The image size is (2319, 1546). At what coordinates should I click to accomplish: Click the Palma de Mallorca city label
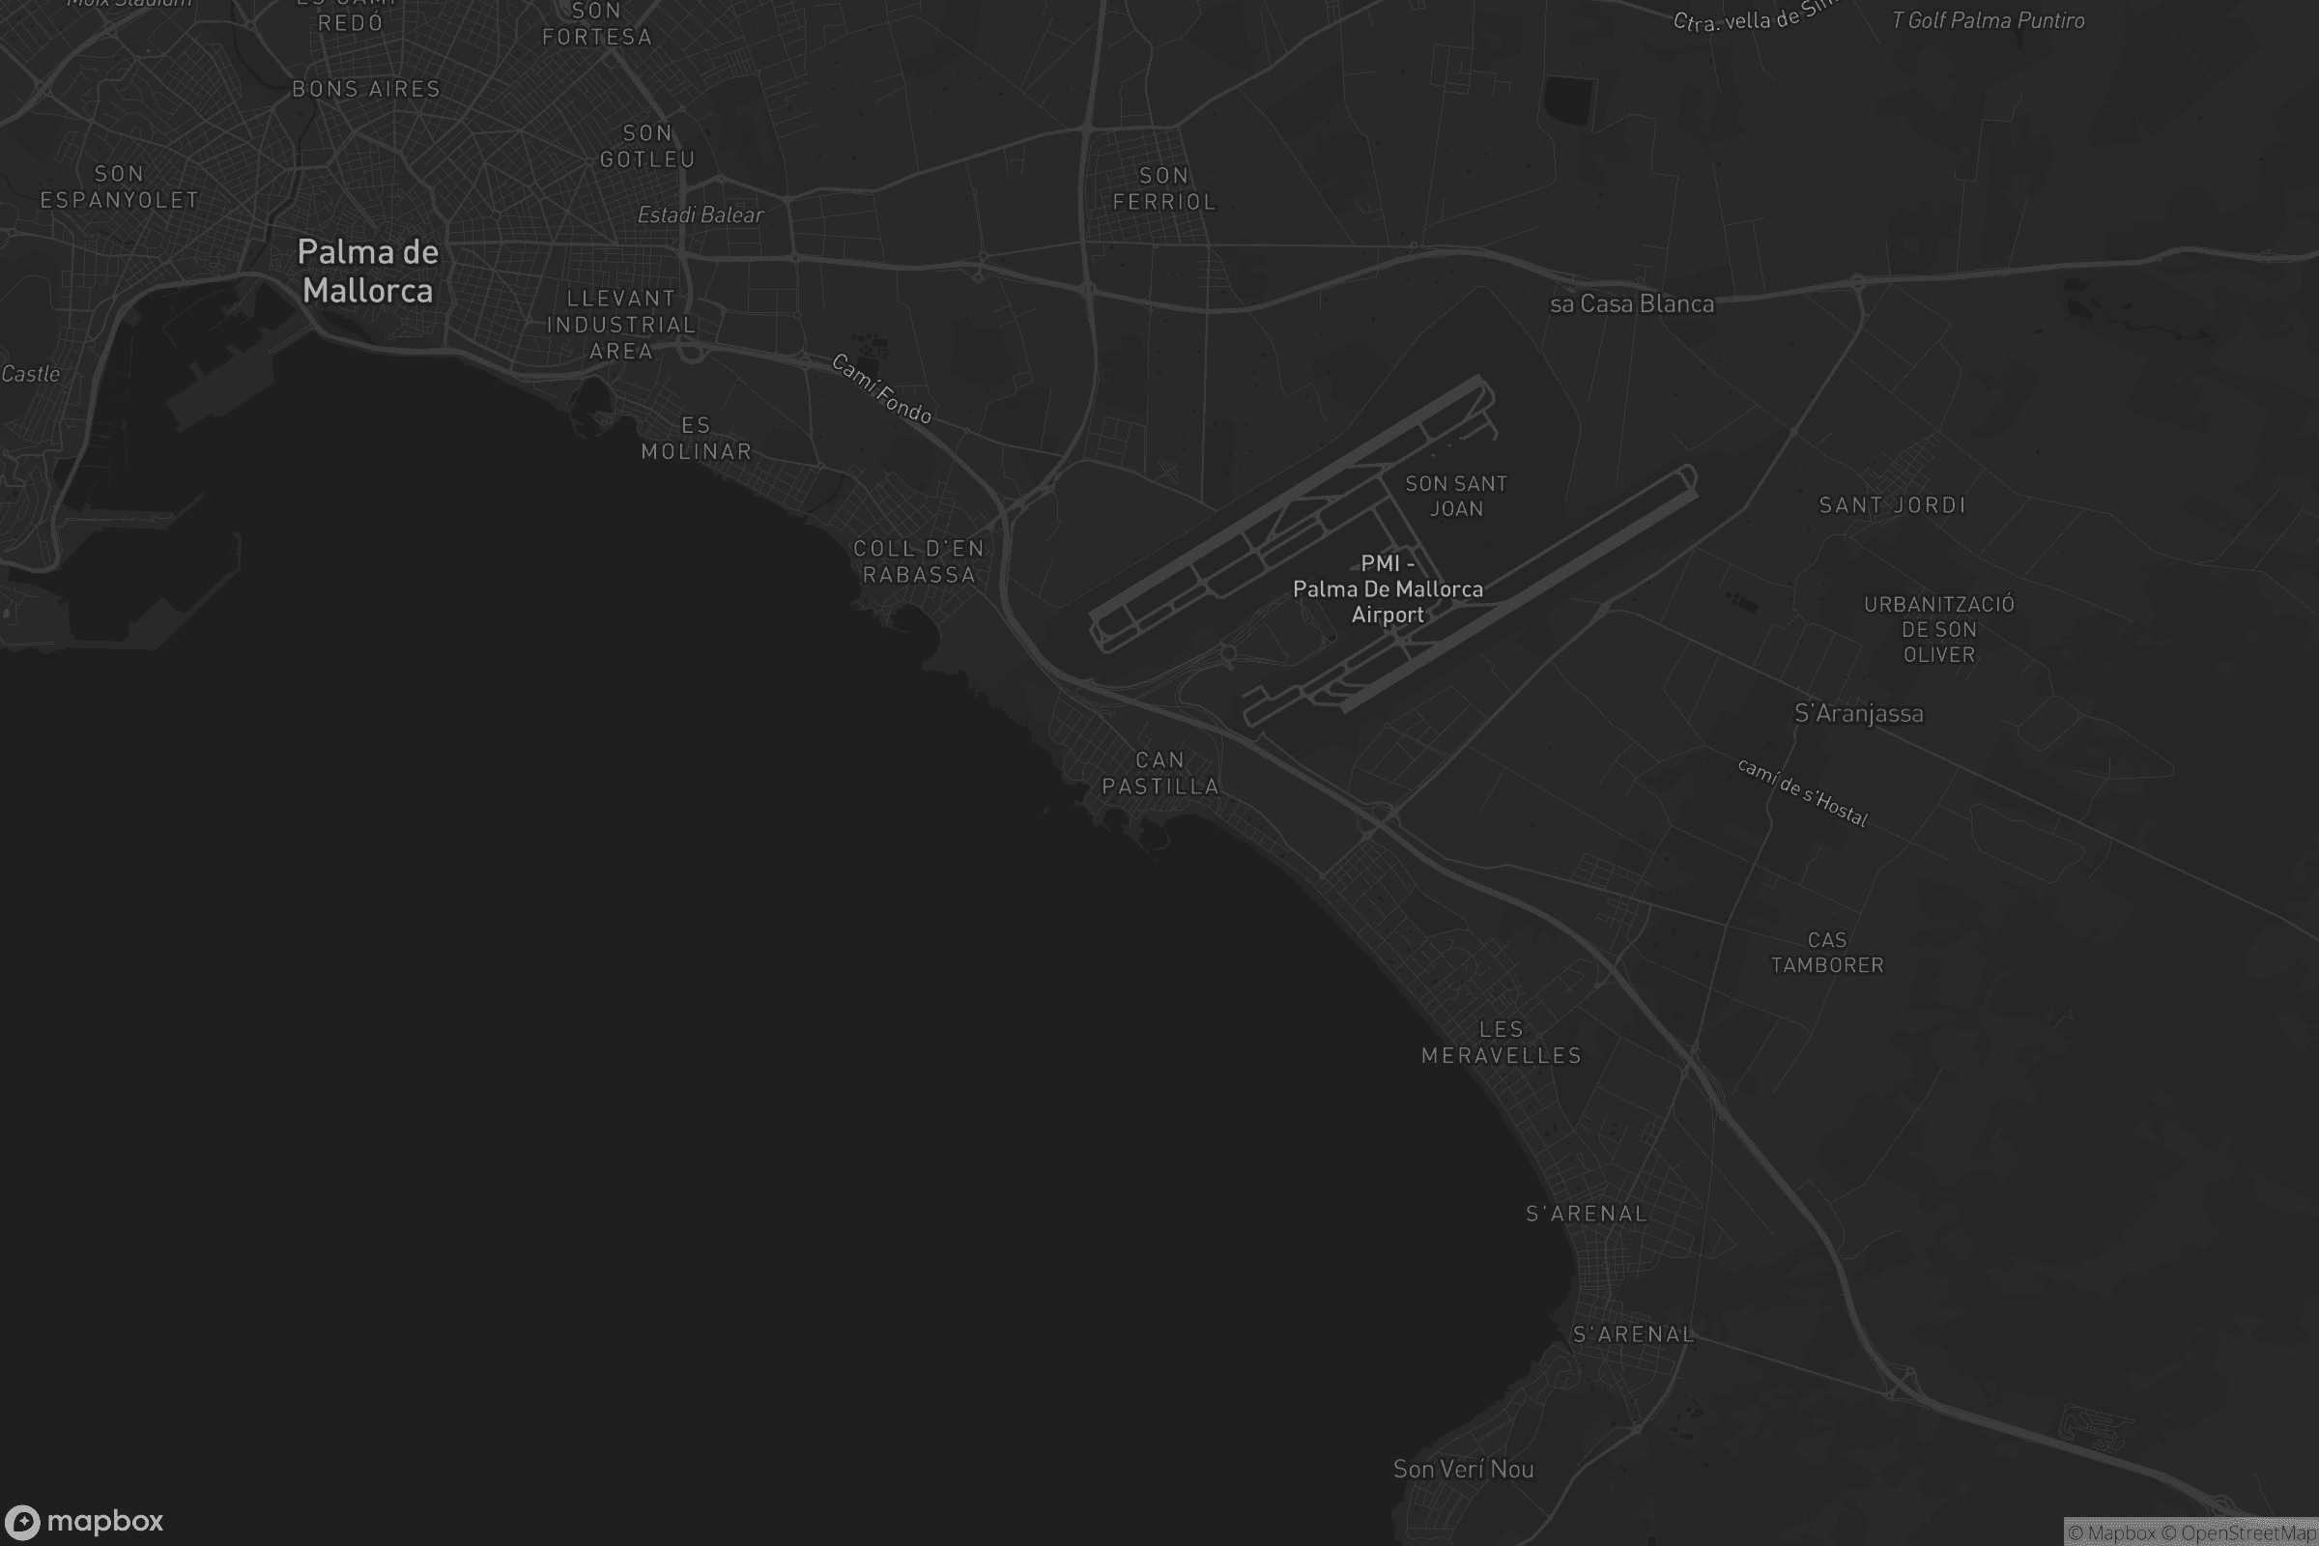367,272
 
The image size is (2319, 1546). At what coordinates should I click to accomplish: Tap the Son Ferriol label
1163,188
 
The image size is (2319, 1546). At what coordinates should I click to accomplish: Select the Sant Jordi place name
1892,504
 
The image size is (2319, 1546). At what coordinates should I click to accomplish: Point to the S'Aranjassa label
1858,713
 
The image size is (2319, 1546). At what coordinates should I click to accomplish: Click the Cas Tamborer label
1827,953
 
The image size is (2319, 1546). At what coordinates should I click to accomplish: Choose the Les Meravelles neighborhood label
1501,1043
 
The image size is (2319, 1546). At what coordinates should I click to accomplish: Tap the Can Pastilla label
1160,773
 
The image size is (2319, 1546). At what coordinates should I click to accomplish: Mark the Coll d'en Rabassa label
919,561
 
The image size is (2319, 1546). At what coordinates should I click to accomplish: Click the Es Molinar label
696,438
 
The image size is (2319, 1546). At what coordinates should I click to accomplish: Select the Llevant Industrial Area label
621,325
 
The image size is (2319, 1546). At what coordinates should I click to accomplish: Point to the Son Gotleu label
647,146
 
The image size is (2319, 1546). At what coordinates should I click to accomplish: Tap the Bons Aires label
366,89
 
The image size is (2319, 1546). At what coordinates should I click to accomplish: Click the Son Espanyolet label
119,186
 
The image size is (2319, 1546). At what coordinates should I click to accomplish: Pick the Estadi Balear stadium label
700,215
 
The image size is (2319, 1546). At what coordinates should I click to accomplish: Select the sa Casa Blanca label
1632,303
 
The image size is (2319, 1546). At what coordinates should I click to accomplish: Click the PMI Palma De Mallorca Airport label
1388,588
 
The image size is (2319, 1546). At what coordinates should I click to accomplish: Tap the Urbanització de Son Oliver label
1938,629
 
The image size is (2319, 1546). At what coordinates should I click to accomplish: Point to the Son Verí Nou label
1463,1469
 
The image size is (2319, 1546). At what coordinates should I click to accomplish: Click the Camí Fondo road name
881,388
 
